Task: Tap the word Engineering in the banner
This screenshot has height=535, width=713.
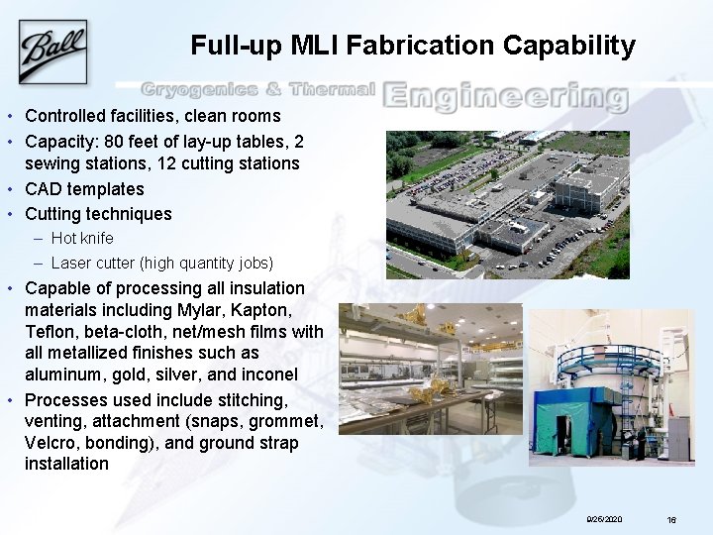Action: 505,97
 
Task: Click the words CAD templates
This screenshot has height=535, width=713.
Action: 84,188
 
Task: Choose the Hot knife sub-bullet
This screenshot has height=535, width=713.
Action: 82,238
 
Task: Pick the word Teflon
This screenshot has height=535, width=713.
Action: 51,332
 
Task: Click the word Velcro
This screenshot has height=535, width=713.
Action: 51,443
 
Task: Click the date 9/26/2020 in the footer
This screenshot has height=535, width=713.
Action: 604,519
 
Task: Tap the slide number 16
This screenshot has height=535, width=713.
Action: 671,519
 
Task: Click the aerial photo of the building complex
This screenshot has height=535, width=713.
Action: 507,204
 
